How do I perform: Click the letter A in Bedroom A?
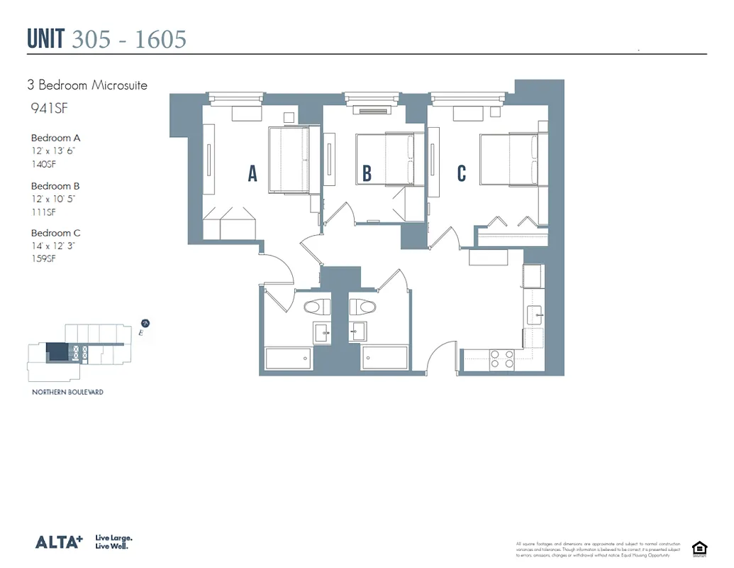[x=252, y=173]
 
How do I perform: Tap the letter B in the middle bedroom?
[x=367, y=173]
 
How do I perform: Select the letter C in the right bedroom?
[x=462, y=173]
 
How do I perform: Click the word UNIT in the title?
[x=46, y=39]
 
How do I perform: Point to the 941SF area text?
[x=44, y=109]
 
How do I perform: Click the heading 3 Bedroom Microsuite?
[x=87, y=85]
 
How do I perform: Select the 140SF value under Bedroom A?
[x=43, y=165]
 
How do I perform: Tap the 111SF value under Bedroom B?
[x=43, y=212]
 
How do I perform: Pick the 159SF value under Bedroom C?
[x=43, y=259]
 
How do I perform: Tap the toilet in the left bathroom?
[x=316, y=307]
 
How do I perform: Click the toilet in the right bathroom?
[x=363, y=307]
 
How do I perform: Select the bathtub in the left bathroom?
[x=288, y=359]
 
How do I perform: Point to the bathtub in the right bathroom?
[x=385, y=359]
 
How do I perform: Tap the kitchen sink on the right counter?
[x=534, y=313]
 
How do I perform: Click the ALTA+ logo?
[x=59, y=542]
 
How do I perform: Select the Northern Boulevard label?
[x=67, y=392]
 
